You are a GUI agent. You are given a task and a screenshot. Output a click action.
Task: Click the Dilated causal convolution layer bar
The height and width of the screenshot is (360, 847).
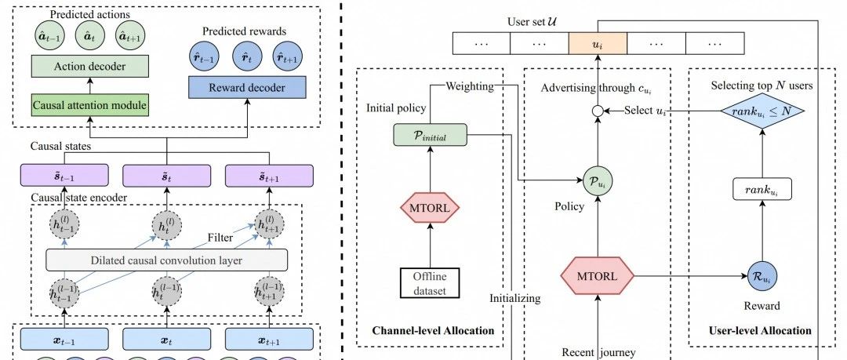(x=166, y=260)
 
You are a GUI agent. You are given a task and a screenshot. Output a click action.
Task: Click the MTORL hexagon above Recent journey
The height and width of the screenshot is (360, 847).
(x=598, y=276)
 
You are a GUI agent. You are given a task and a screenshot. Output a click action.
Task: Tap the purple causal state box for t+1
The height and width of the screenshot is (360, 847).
(x=269, y=175)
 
